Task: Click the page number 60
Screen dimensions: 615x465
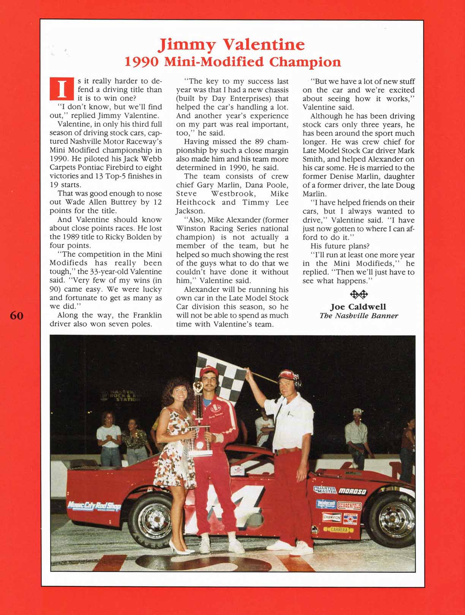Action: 16,315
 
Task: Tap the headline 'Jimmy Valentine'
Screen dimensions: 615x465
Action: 232,45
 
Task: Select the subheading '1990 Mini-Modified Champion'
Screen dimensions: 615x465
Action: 232,62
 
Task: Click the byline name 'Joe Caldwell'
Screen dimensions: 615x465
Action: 358,307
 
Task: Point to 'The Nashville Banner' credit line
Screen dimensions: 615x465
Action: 359,315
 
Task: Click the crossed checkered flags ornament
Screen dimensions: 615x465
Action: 359,294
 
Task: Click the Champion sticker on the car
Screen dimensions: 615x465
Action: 332,517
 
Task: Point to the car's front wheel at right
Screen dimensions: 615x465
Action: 392,517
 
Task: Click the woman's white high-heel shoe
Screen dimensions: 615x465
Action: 178,548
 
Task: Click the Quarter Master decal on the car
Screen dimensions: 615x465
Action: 324,490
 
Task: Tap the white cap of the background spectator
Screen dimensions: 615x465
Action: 356,411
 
